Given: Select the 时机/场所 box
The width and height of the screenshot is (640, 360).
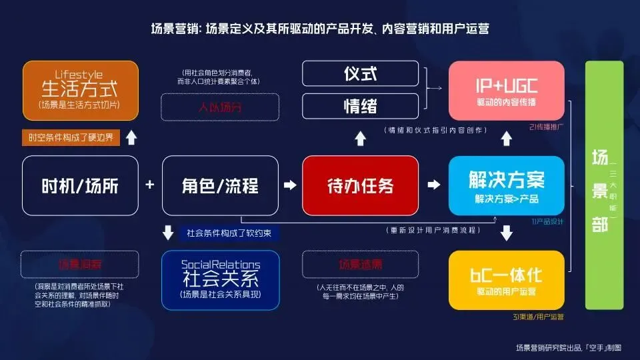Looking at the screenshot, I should pos(80,185).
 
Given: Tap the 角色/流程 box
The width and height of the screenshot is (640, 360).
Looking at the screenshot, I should pos(220,185).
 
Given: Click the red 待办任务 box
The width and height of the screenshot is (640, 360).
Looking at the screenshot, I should pos(360,185).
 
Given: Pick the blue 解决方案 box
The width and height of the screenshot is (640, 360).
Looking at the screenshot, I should pos(507,185).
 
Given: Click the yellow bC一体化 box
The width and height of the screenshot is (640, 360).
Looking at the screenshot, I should pos(507,281).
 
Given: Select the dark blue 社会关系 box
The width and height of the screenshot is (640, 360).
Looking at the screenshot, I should pos(220,281).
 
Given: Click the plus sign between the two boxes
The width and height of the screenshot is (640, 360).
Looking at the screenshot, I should pos(150,185).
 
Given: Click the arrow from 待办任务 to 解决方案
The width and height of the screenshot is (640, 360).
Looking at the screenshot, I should pos(433,185).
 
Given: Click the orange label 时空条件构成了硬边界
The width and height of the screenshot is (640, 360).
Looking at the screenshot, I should pos(71,139).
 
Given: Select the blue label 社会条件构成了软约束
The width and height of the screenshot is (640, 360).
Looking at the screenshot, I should pos(229,233).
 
